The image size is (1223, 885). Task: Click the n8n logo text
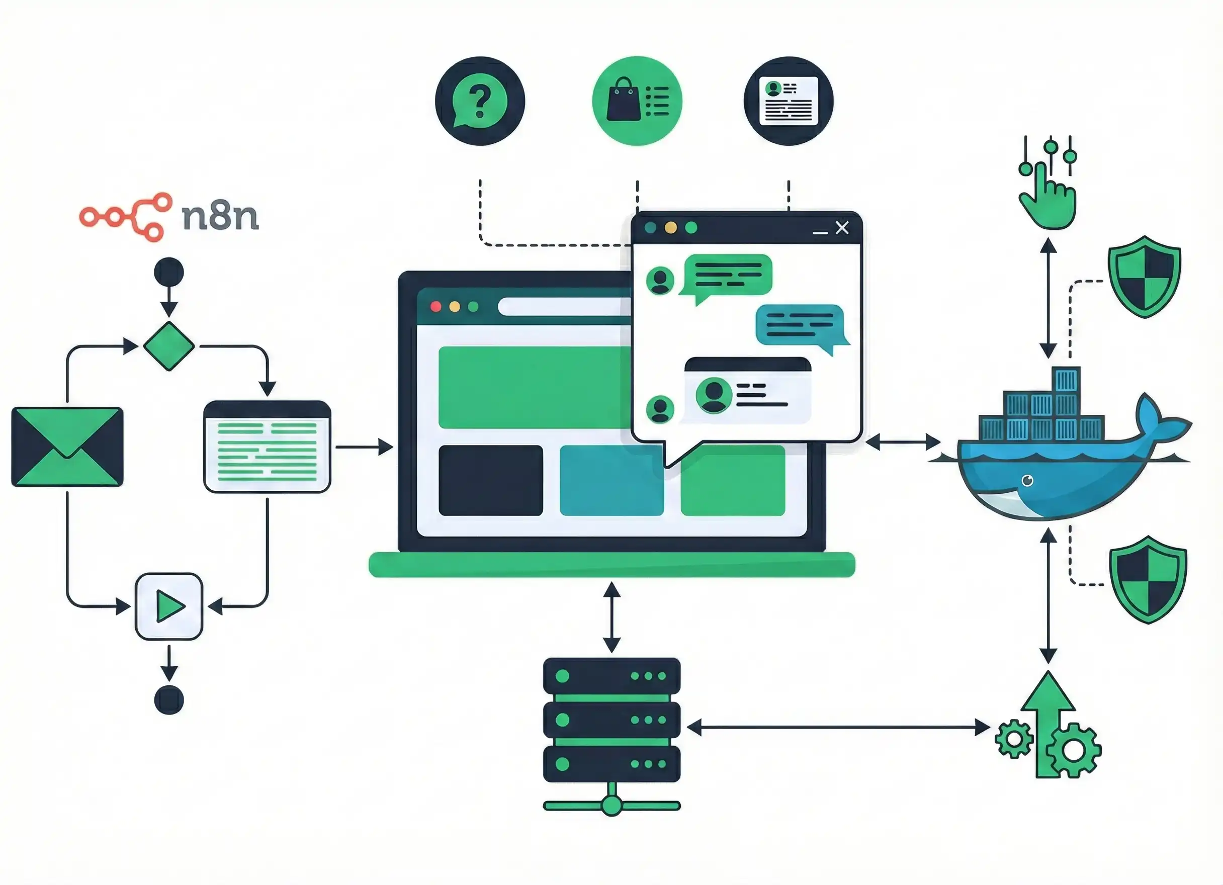(220, 217)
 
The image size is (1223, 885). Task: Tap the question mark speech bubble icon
(479, 102)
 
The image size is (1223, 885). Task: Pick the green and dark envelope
(67, 447)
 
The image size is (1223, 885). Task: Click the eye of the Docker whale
(1027, 480)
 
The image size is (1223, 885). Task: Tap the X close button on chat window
(842, 228)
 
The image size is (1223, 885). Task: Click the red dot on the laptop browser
(435, 307)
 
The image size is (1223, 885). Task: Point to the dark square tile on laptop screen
(491, 480)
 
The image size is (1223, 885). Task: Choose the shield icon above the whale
(1144, 276)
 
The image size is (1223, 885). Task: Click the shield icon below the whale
(1148, 580)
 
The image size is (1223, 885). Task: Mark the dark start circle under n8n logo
(169, 273)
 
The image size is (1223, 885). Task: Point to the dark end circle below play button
(169, 700)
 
